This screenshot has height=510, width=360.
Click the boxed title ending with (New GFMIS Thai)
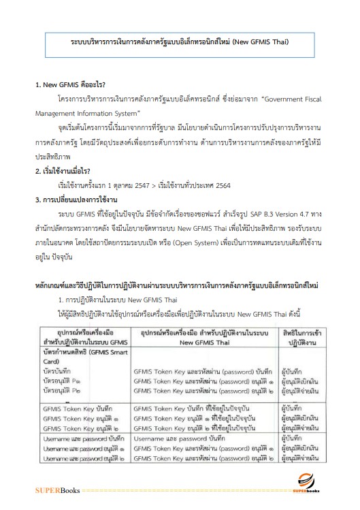180,42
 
